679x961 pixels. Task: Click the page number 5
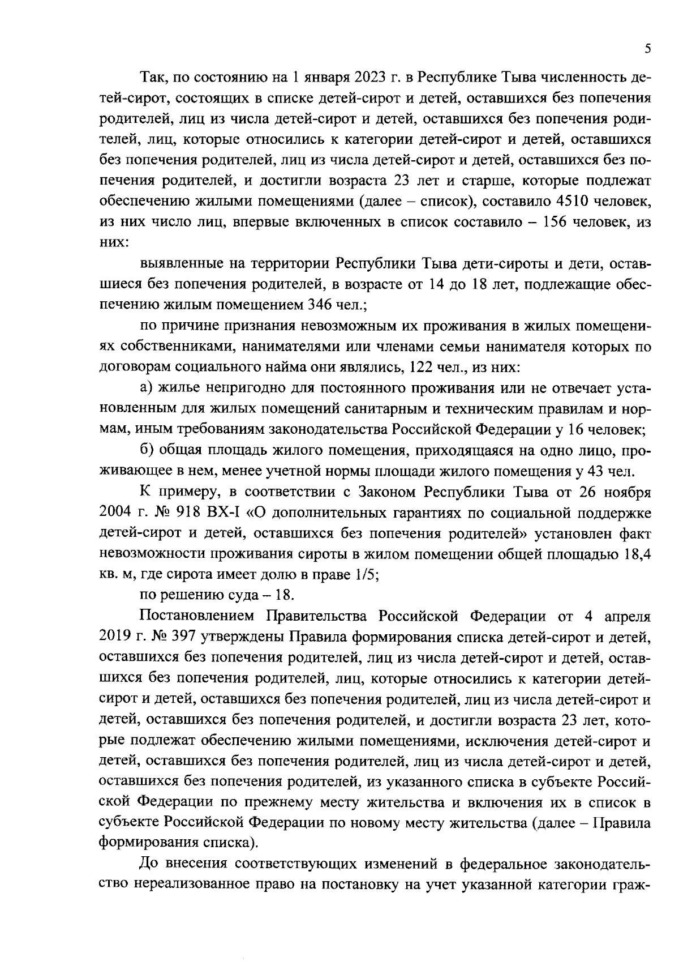pos(647,49)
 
